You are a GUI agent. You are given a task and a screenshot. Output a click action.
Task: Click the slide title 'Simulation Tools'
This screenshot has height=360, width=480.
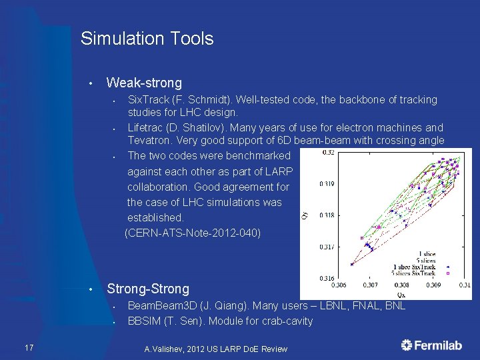[x=147, y=39]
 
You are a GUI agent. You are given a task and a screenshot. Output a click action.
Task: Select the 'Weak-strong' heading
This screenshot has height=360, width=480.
[x=144, y=83]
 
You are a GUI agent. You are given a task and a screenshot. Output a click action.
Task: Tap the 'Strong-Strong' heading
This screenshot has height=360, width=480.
[x=148, y=289]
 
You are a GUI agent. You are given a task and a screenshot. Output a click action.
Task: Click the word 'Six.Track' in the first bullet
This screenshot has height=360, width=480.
[x=148, y=100]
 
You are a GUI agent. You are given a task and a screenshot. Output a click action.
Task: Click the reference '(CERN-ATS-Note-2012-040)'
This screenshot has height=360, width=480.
[x=193, y=233]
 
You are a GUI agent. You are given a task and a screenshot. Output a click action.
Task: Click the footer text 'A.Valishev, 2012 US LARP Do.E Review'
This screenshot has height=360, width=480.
[x=215, y=349]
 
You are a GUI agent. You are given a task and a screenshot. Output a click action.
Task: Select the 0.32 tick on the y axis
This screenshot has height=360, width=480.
[x=329, y=153]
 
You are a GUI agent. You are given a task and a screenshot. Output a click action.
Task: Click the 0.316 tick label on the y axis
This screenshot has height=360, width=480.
[x=327, y=278]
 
